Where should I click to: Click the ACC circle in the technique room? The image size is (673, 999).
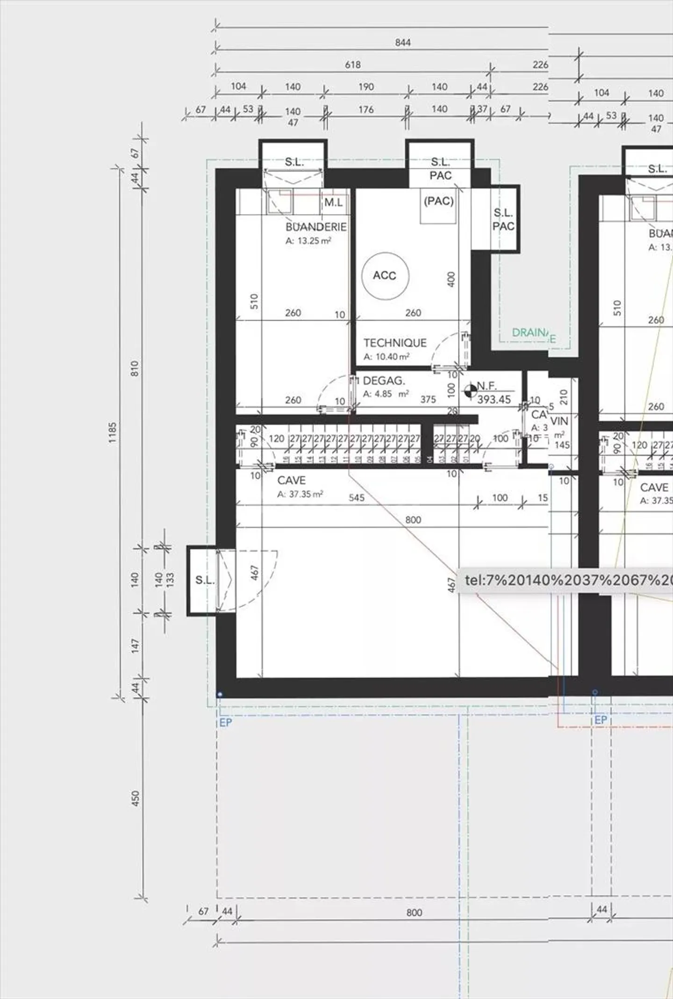pyautogui.click(x=385, y=276)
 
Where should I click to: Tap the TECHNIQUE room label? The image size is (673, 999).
pyautogui.click(x=395, y=343)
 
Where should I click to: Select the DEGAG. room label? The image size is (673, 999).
pyautogui.click(x=384, y=381)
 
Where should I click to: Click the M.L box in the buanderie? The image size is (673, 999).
pyautogui.click(x=334, y=202)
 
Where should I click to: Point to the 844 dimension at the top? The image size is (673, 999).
pyautogui.click(x=403, y=43)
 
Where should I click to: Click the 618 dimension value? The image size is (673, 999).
pyautogui.click(x=353, y=65)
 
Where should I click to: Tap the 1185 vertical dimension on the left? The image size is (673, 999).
pyautogui.click(x=113, y=432)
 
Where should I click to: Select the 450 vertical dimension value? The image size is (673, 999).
pyautogui.click(x=136, y=798)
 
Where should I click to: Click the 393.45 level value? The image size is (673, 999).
pyautogui.click(x=494, y=399)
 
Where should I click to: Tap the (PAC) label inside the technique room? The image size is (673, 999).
pyautogui.click(x=438, y=201)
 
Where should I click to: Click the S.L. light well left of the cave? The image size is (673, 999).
pyautogui.click(x=204, y=580)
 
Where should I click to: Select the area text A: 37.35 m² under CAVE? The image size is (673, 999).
pyautogui.click(x=300, y=494)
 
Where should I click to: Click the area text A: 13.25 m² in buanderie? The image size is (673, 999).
pyautogui.click(x=308, y=241)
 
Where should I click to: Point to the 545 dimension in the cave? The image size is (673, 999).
pyautogui.click(x=356, y=497)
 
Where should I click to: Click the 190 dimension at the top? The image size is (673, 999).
pyautogui.click(x=366, y=86)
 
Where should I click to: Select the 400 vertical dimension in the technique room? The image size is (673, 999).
pyautogui.click(x=451, y=280)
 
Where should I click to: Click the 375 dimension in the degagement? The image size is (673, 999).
pyautogui.click(x=428, y=399)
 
